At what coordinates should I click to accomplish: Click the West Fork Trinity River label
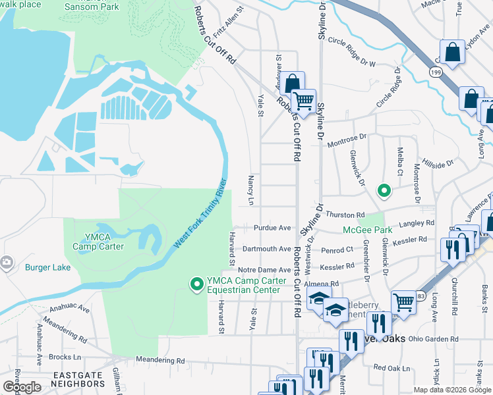pos(200,214)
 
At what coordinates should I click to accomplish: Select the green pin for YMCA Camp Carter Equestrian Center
pos(196,284)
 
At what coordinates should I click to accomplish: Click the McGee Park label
pos(367,230)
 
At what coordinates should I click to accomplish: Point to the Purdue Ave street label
pos(272,228)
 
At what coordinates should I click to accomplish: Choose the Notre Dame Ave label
pos(264,270)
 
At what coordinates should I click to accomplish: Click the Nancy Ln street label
pos(250,190)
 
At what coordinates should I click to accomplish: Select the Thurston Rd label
pos(345,215)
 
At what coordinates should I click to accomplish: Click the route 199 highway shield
pos(436,72)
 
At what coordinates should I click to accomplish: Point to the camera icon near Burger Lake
pos(6,263)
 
